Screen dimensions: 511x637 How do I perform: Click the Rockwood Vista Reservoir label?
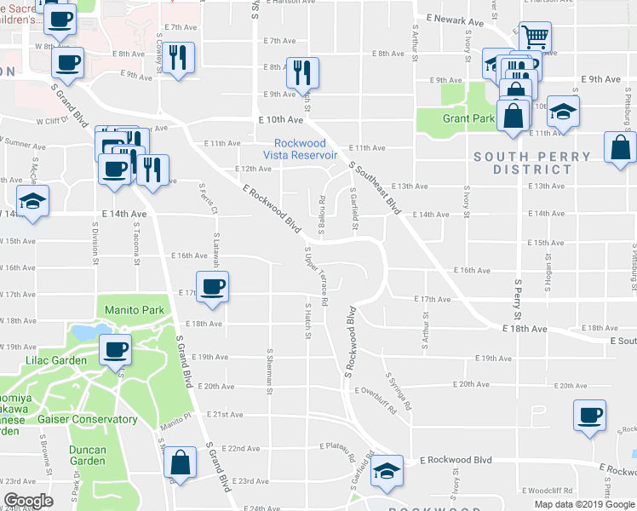click(x=306, y=149)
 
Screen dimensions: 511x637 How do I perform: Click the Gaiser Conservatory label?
click(x=94, y=419)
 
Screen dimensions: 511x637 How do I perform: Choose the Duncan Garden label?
click(x=88, y=455)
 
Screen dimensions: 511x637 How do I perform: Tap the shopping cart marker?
click(x=535, y=37)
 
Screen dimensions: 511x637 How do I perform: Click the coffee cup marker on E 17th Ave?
click(x=213, y=286)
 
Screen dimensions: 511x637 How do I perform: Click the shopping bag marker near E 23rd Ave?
click(x=179, y=464)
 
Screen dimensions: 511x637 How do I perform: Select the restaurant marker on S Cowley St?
click(x=177, y=58)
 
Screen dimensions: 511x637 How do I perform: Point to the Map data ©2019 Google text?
click(x=583, y=504)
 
